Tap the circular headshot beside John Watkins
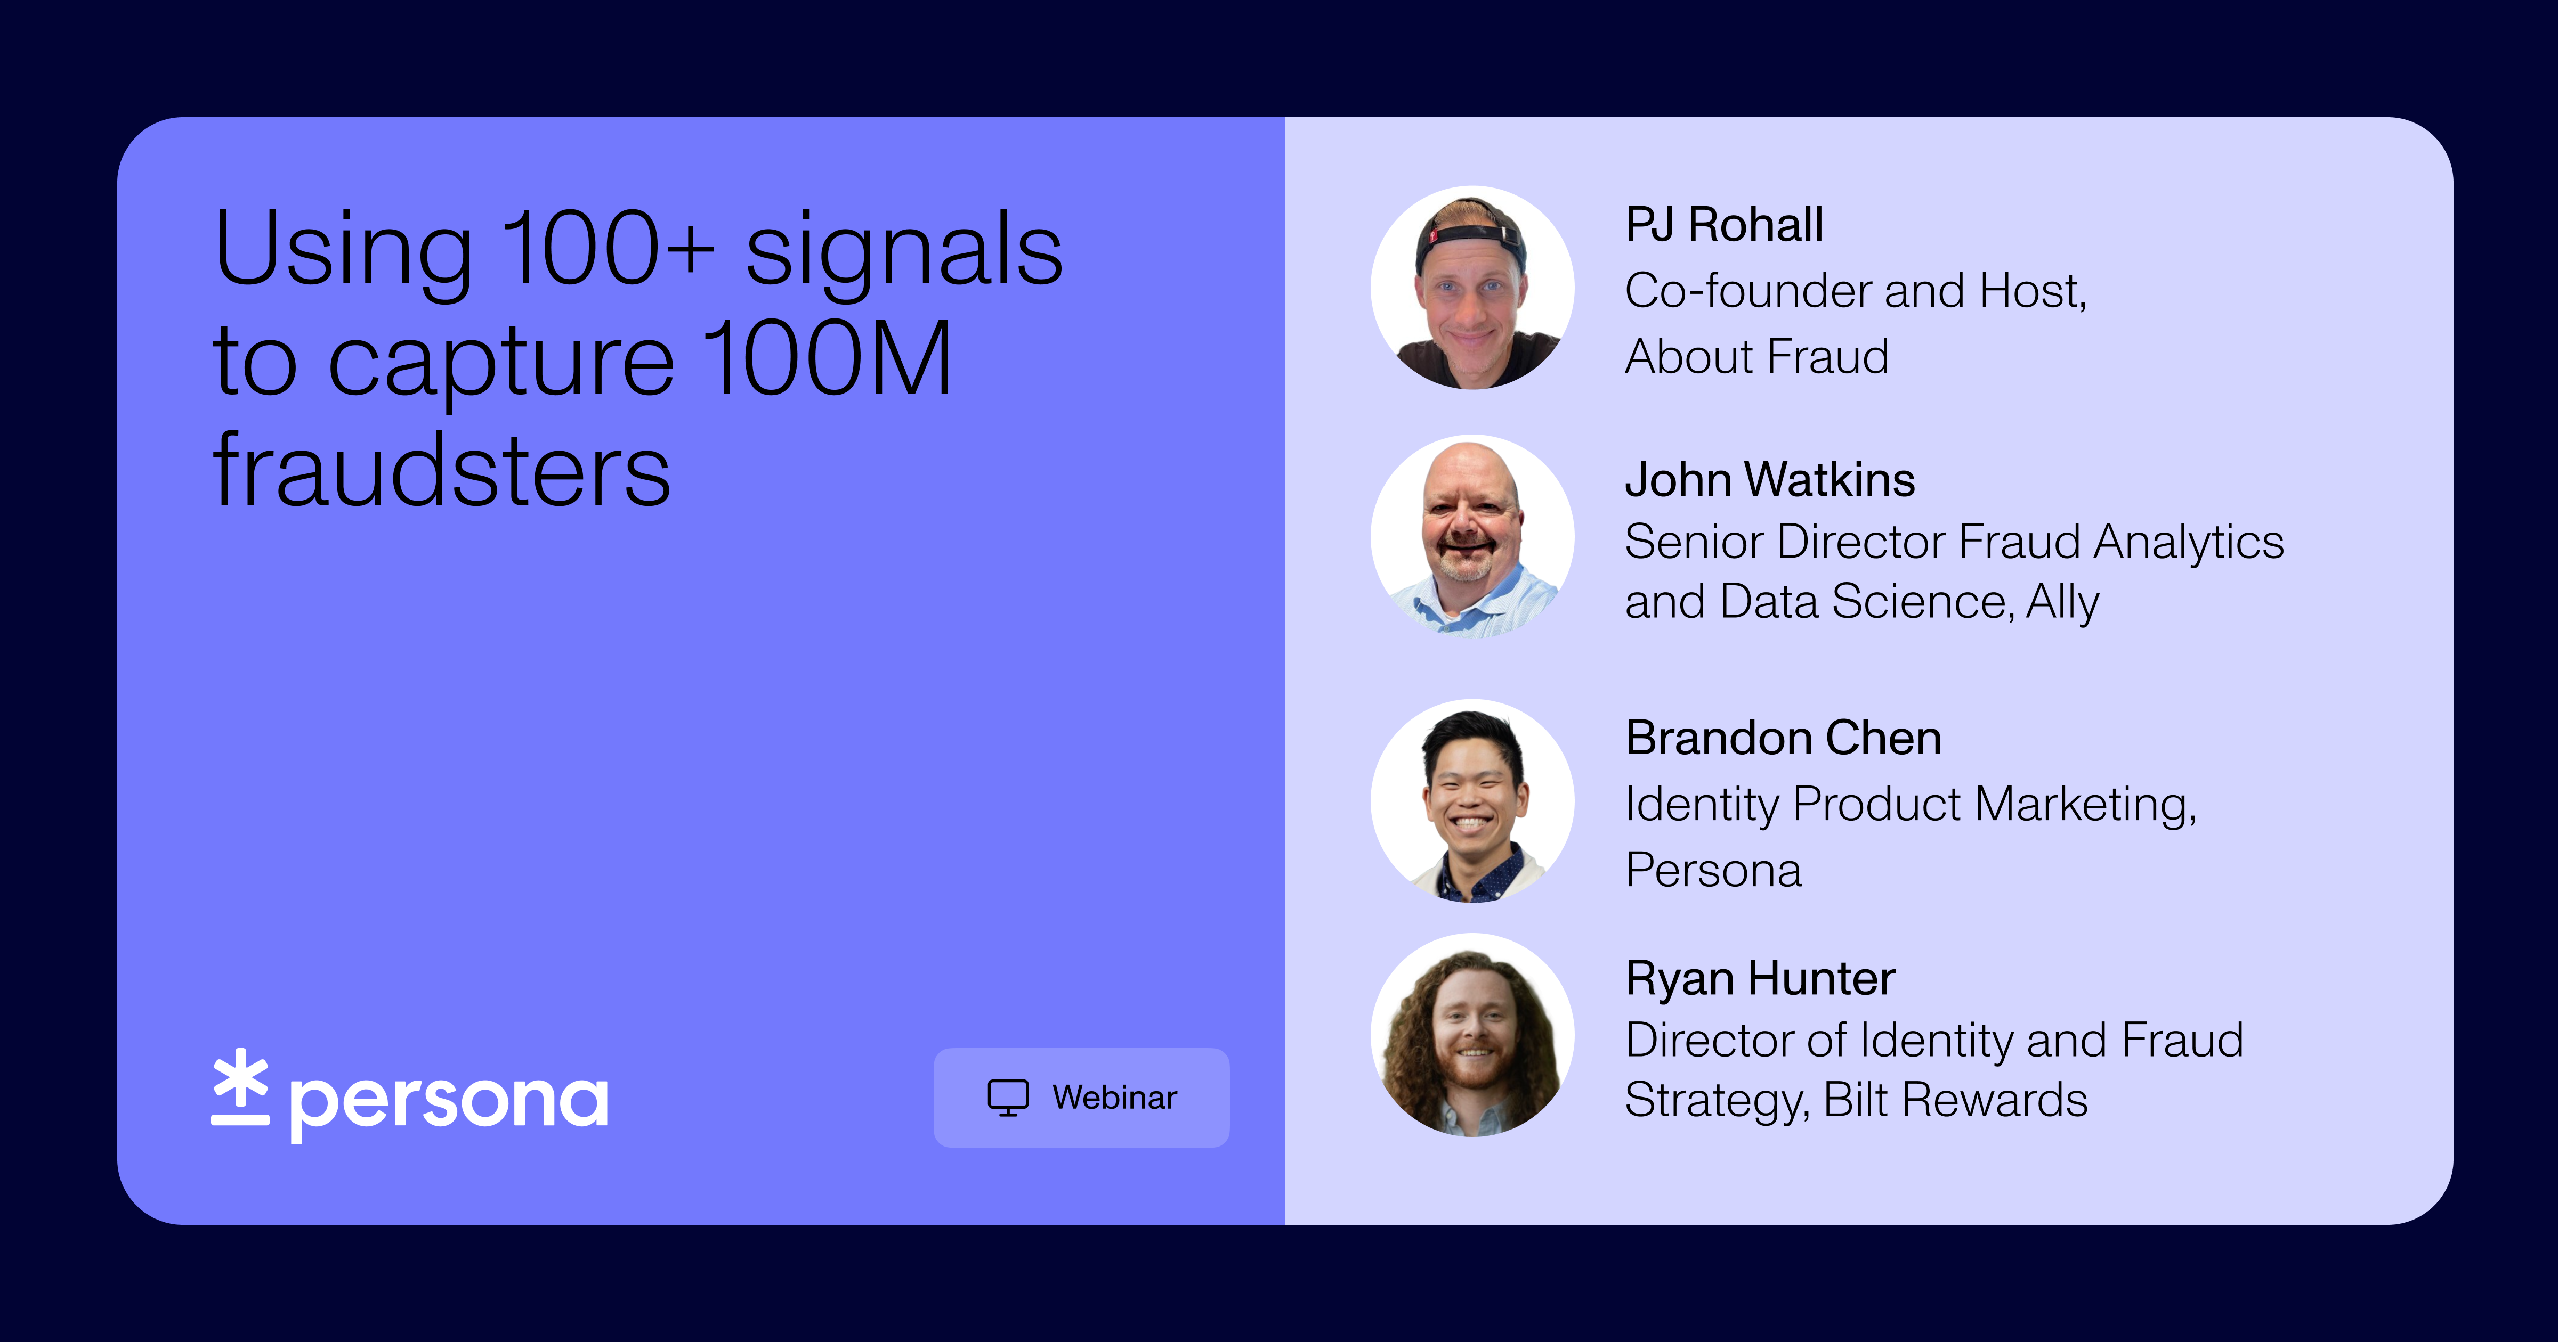point(1471,537)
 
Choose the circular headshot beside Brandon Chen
point(1471,801)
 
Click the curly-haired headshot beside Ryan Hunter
point(1471,1035)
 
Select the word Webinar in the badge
point(1114,1098)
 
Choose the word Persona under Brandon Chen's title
point(1713,871)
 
